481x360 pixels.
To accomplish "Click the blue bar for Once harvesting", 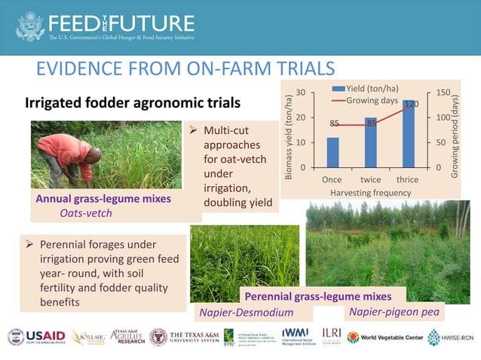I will (332, 152).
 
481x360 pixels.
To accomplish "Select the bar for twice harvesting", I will (370, 142).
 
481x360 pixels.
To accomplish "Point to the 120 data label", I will (410, 104).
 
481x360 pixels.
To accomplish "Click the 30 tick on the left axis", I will (301, 93).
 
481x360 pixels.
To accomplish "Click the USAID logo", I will (38, 337).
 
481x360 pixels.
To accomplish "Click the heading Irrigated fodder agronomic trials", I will (133, 102).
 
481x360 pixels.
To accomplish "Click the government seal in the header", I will (30, 26).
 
